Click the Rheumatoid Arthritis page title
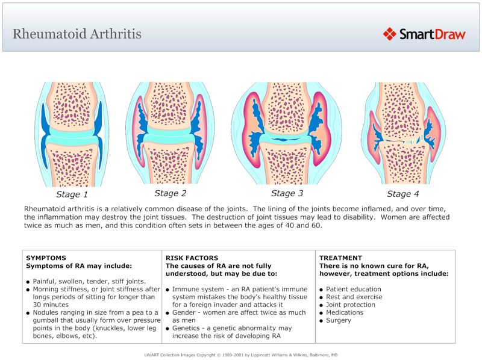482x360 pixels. click(x=77, y=33)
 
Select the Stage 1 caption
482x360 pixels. click(x=72, y=194)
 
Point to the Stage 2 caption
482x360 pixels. click(x=171, y=193)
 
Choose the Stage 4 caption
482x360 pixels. click(x=402, y=194)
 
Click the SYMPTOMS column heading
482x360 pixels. click(x=46, y=258)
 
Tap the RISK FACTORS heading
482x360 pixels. click(x=192, y=258)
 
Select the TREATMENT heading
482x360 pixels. click(x=341, y=258)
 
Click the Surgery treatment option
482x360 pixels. click(x=339, y=320)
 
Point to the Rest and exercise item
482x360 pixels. click(x=354, y=297)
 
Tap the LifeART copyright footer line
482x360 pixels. click(x=241, y=355)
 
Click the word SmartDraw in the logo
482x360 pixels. click(x=433, y=34)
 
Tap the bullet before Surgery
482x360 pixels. click(x=322, y=321)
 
